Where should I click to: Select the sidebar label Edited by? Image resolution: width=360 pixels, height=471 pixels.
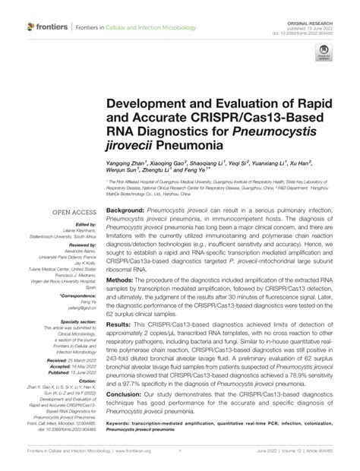[84, 225]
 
